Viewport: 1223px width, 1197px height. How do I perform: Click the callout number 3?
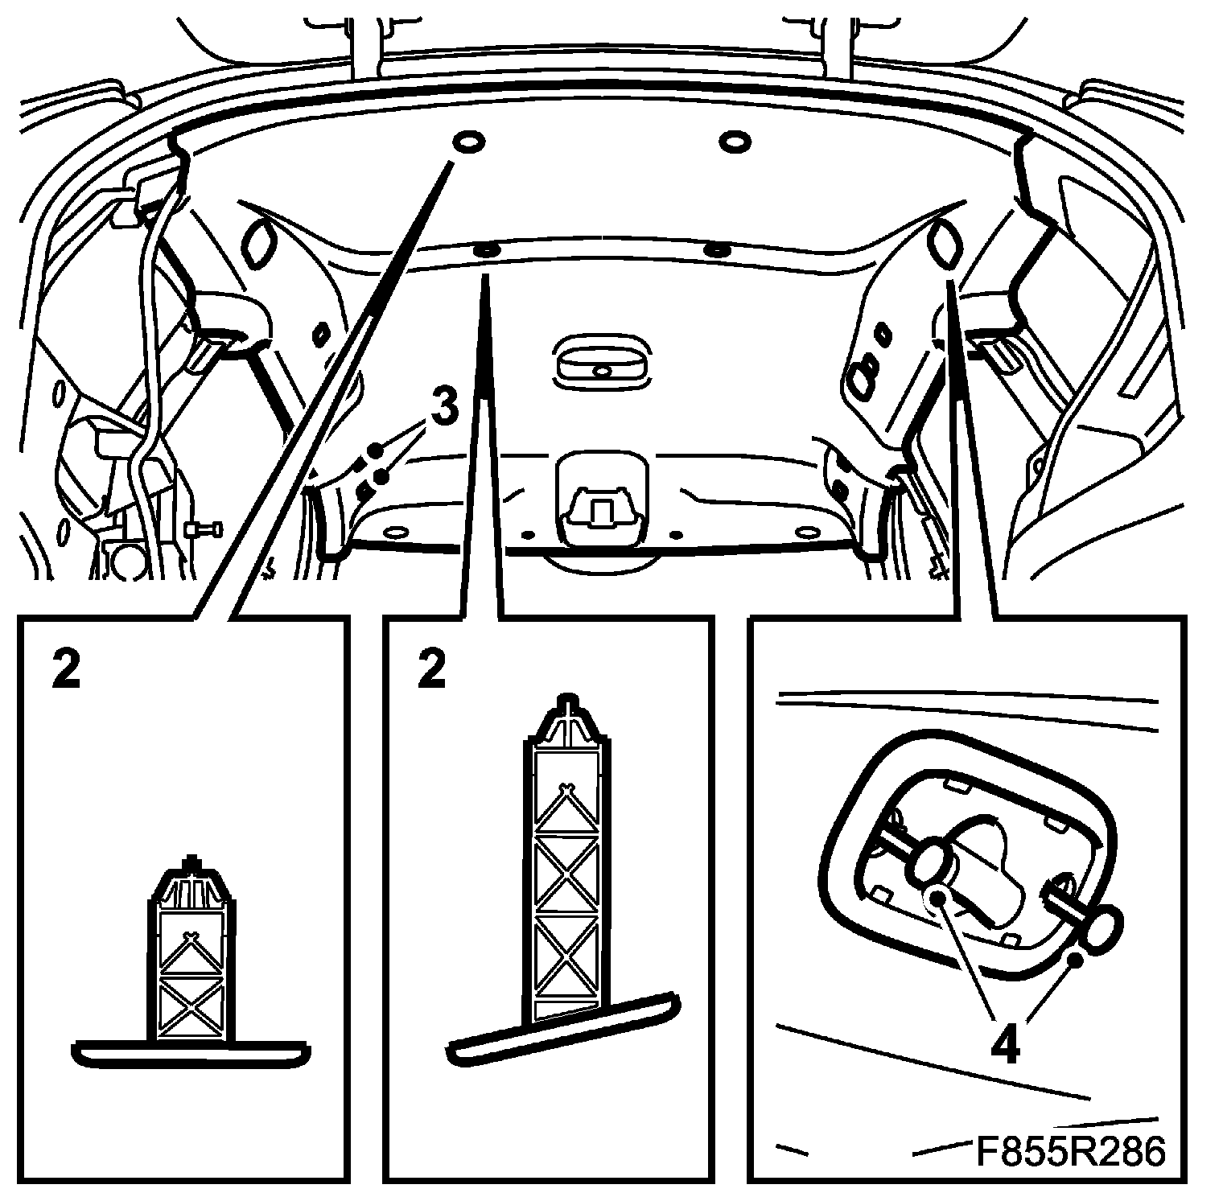click(445, 407)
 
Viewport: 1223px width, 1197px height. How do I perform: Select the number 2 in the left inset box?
click(66, 669)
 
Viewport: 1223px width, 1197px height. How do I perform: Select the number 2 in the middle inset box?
click(432, 669)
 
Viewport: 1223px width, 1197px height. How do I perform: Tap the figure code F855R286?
click(1071, 1151)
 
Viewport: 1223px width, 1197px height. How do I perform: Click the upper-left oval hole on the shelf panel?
click(468, 143)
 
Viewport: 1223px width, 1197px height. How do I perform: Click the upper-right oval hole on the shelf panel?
click(733, 142)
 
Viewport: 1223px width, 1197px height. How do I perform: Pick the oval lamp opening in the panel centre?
click(600, 360)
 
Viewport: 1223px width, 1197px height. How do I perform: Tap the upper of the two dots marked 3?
click(375, 450)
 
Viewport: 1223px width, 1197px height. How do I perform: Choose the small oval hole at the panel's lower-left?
click(394, 532)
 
